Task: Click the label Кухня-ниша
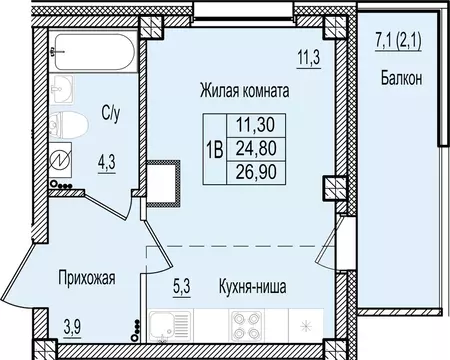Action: tap(254, 286)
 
